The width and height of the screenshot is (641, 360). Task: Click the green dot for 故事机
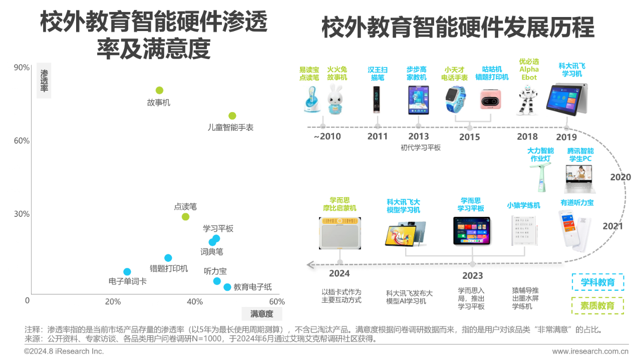coord(159,91)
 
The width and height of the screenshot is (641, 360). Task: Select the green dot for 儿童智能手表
coord(232,116)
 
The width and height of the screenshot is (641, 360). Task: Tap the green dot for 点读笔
coord(185,217)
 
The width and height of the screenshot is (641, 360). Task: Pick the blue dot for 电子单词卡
coord(127,271)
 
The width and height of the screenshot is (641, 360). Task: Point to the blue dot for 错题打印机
coord(168,258)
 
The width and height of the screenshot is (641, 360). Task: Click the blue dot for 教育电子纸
coord(227,287)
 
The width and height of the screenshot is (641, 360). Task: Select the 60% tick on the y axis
coord(22,141)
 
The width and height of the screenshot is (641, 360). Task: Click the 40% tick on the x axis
coord(195,301)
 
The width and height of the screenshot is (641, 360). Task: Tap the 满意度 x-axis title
coord(262,314)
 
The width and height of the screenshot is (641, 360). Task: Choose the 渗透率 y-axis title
coord(44,81)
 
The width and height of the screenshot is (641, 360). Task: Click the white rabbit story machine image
coord(336,99)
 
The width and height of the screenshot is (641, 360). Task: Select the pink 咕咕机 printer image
coord(490,99)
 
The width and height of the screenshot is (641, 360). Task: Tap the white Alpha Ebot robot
coord(527,101)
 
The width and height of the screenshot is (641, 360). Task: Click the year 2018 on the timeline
coord(527,137)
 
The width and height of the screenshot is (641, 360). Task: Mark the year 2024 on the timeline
coord(340,273)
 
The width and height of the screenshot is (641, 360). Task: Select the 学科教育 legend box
coord(598,282)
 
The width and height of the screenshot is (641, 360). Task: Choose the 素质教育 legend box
coord(598,305)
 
